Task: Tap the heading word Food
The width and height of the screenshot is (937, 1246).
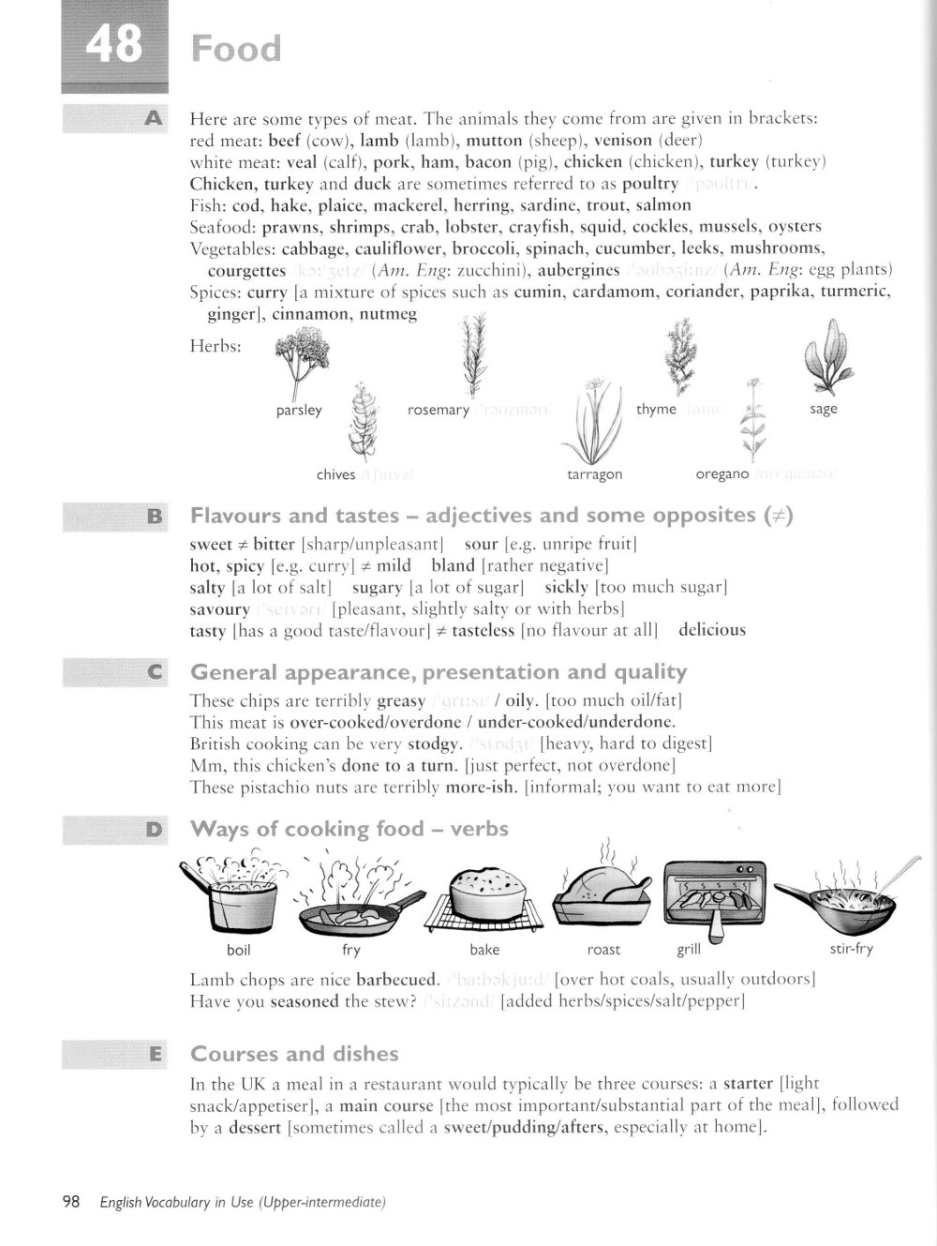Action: [x=235, y=49]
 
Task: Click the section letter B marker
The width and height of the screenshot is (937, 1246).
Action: [x=155, y=516]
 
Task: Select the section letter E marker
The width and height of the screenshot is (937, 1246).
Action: [x=155, y=1054]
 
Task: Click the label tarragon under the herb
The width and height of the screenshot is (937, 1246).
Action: [x=595, y=474]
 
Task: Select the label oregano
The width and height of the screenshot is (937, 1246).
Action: [x=721, y=474]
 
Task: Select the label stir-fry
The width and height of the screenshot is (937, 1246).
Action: [x=851, y=949]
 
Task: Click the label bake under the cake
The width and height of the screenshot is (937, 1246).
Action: [x=484, y=950]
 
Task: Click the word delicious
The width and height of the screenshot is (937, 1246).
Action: [x=712, y=630]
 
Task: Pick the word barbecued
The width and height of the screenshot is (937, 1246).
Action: [x=397, y=981]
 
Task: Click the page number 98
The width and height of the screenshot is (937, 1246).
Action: [x=71, y=1202]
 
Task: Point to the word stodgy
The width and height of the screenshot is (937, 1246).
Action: [x=434, y=744]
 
